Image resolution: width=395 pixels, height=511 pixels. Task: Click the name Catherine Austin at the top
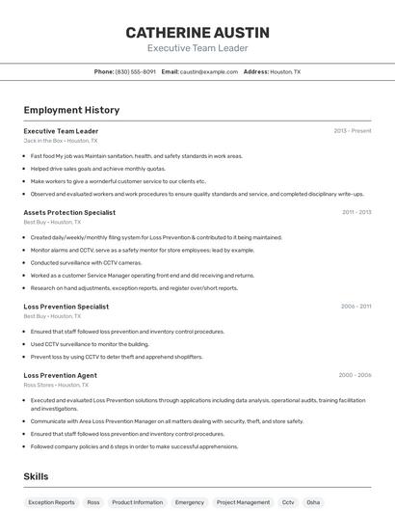[x=197, y=32]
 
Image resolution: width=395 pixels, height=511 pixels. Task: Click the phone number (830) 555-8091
[x=135, y=71]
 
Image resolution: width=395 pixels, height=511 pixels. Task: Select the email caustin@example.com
[x=208, y=71]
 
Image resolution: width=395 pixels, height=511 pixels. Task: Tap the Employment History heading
[x=71, y=110]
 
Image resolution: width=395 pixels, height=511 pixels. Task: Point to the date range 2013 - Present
[x=352, y=131]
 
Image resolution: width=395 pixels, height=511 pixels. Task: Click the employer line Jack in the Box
[x=60, y=141]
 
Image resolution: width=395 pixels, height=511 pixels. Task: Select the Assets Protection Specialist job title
[x=69, y=212]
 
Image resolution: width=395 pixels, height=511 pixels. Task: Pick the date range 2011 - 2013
[x=355, y=212]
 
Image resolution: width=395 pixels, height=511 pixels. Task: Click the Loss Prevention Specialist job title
[x=66, y=307]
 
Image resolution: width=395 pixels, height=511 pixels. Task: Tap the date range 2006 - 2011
[x=355, y=307]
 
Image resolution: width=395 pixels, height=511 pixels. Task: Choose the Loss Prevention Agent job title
[x=60, y=375]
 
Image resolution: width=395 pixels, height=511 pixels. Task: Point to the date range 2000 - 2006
[x=355, y=375]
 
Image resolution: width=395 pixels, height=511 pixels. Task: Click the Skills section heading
[x=37, y=476]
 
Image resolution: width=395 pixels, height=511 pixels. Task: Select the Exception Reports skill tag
[x=51, y=502]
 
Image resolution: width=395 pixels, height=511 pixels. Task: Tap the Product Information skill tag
[x=137, y=502]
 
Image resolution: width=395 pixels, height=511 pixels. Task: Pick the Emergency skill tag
[x=189, y=502]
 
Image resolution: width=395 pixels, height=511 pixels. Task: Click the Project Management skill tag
[x=243, y=502]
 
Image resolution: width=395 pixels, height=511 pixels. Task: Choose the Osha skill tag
[x=313, y=502]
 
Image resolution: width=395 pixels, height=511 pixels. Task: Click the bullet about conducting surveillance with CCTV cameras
[x=86, y=262]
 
